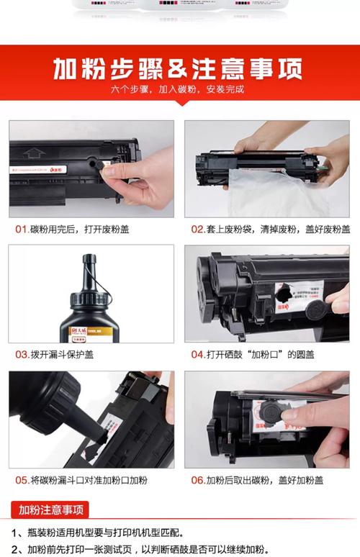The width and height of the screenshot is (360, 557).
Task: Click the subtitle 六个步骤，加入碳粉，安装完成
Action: pos(178,91)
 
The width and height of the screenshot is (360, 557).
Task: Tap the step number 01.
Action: pos(22,230)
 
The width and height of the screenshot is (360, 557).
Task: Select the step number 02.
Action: pos(198,230)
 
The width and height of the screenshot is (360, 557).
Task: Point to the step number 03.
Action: pos(22,354)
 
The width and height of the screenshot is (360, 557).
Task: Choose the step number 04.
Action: pos(198,354)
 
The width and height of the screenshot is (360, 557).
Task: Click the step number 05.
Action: pos(22,480)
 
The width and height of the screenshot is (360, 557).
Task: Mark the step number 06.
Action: pos(198,480)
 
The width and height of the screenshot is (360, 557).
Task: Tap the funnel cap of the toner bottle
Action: pos(91,268)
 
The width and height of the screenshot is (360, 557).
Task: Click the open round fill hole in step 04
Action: pos(285,294)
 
